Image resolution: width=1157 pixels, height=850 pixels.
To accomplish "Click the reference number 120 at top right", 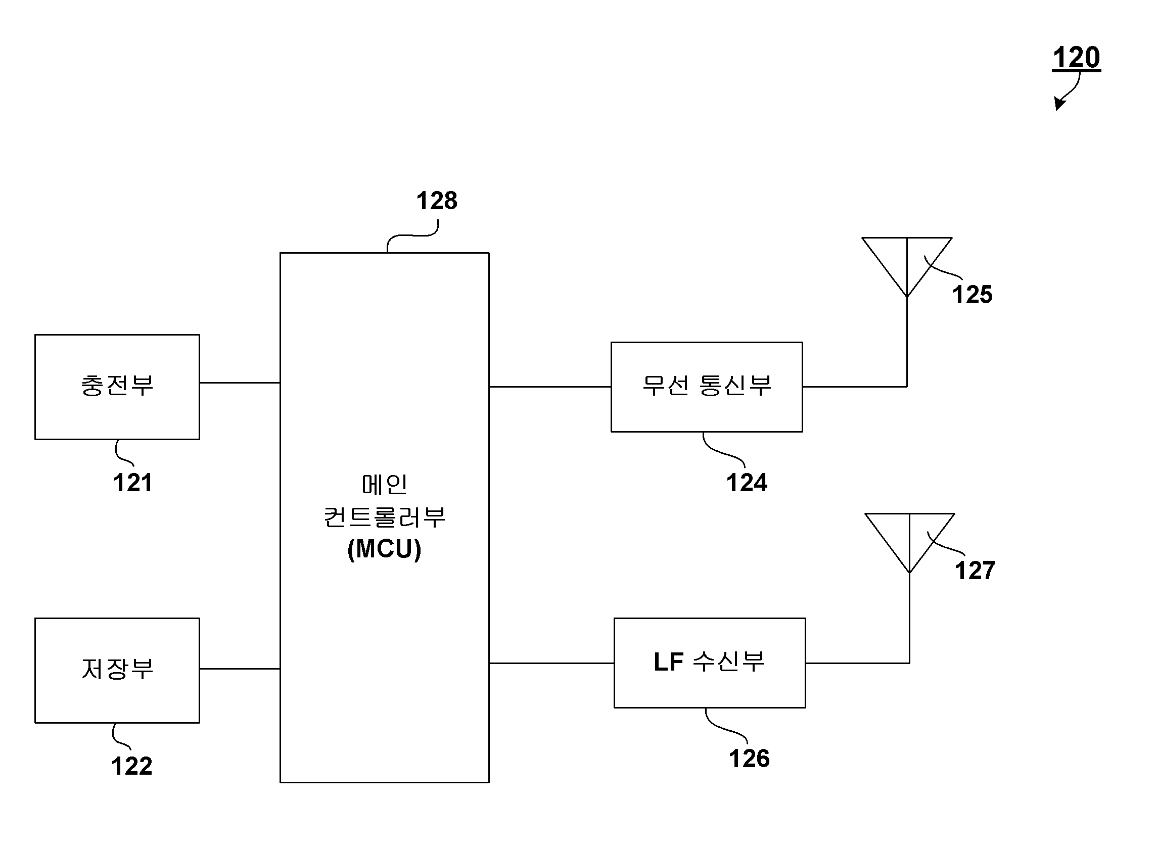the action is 1076,58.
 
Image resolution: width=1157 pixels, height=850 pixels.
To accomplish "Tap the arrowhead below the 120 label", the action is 1059,104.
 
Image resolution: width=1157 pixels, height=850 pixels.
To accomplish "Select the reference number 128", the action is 436,201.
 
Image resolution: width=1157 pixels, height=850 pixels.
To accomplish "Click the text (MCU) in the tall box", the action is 385,549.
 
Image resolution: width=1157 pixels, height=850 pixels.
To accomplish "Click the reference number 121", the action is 133,483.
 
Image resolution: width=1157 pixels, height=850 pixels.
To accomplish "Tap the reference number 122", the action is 132,766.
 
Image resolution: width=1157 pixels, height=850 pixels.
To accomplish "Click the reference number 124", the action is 747,483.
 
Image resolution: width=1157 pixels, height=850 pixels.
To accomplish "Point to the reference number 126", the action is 750,759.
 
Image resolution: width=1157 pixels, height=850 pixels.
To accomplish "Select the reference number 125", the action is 972,295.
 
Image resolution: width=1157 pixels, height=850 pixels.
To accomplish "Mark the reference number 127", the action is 975,571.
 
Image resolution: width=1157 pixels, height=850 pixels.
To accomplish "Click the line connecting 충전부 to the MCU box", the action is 240,383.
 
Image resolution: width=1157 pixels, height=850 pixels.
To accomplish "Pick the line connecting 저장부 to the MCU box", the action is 240,669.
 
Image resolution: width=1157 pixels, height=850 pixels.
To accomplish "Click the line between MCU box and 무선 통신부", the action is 550,387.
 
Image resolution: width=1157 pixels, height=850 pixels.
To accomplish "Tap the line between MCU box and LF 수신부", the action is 552,663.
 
